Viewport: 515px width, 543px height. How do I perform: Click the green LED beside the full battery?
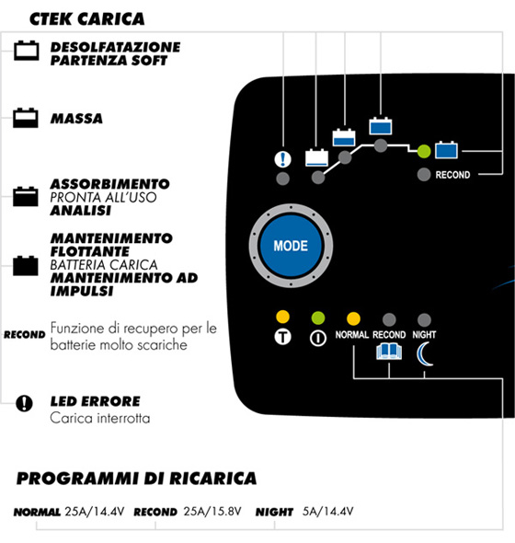point(424,151)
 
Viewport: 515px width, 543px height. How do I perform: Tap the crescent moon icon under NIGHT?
point(423,354)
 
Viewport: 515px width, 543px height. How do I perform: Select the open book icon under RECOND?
point(389,352)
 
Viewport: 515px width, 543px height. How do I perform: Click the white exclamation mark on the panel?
point(282,159)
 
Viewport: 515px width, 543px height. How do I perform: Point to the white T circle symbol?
point(282,337)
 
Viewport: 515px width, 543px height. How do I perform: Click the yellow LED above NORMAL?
point(353,319)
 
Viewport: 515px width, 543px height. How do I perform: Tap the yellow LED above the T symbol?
point(282,317)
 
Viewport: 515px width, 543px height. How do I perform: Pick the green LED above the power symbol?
point(318,318)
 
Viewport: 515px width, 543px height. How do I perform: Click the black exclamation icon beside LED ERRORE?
point(24,403)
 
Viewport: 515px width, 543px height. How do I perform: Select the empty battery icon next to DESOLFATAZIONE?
point(27,51)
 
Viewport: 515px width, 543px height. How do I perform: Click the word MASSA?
point(76,119)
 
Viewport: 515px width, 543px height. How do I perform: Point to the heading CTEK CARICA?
point(86,19)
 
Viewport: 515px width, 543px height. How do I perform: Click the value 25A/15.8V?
point(212,512)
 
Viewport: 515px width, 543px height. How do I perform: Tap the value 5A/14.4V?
point(327,512)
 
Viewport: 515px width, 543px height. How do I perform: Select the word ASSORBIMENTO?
point(110,184)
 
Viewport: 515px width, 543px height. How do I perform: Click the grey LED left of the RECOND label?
point(424,175)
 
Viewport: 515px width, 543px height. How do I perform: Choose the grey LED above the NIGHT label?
point(424,320)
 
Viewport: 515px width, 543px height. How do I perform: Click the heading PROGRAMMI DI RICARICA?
point(136,479)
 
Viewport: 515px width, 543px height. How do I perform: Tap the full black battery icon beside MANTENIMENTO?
point(26,266)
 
